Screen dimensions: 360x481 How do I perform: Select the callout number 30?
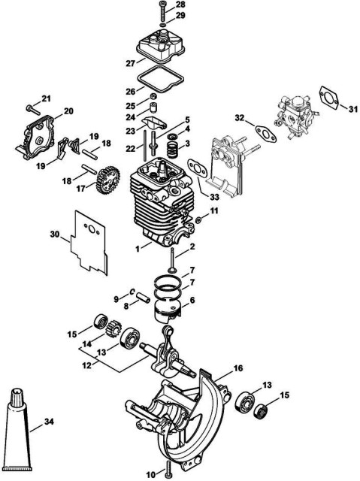click(x=55, y=234)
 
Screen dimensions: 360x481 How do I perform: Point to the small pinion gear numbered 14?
click(x=113, y=328)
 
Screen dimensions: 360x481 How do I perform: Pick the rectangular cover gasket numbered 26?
click(x=159, y=79)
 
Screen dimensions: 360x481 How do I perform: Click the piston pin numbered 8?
click(x=143, y=298)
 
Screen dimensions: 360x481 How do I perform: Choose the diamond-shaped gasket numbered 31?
click(x=330, y=96)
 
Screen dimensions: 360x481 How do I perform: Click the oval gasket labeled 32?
click(x=265, y=133)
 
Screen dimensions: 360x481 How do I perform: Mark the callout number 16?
click(x=238, y=368)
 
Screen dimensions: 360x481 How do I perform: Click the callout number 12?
click(x=87, y=366)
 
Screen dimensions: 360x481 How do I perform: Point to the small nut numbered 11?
click(x=198, y=219)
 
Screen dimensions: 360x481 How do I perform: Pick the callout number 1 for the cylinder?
click(x=138, y=249)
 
